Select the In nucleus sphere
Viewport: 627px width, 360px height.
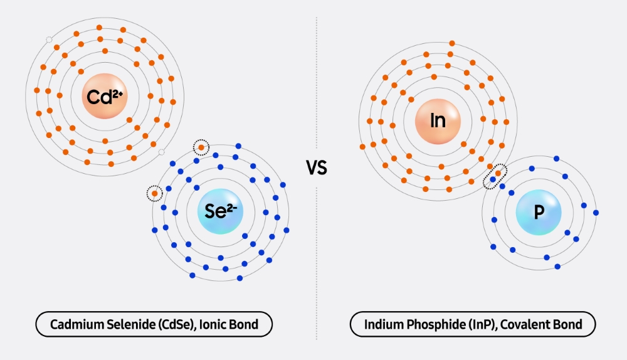pyautogui.click(x=438, y=120)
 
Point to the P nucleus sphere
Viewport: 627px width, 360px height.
pyautogui.click(x=539, y=213)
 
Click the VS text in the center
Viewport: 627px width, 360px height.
pyautogui.click(x=317, y=168)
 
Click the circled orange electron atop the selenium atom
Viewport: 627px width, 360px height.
pyautogui.click(x=201, y=147)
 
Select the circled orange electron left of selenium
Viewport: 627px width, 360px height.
pyautogui.click(x=154, y=193)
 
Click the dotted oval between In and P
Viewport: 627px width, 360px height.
pyautogui.click(x=495, y=176)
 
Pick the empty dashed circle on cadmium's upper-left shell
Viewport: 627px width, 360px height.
pyautogui.click(x=50, y=41)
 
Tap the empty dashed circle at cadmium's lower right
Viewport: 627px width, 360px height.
pyautogui.click(x=161, y=152)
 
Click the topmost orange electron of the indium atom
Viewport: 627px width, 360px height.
pyautogui.click(x=451, y=43)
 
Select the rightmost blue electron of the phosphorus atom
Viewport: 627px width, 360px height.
pyautogui.click(x=596, y=213)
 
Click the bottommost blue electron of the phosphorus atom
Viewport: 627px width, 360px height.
pyautogui.click(x=557, y=267)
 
